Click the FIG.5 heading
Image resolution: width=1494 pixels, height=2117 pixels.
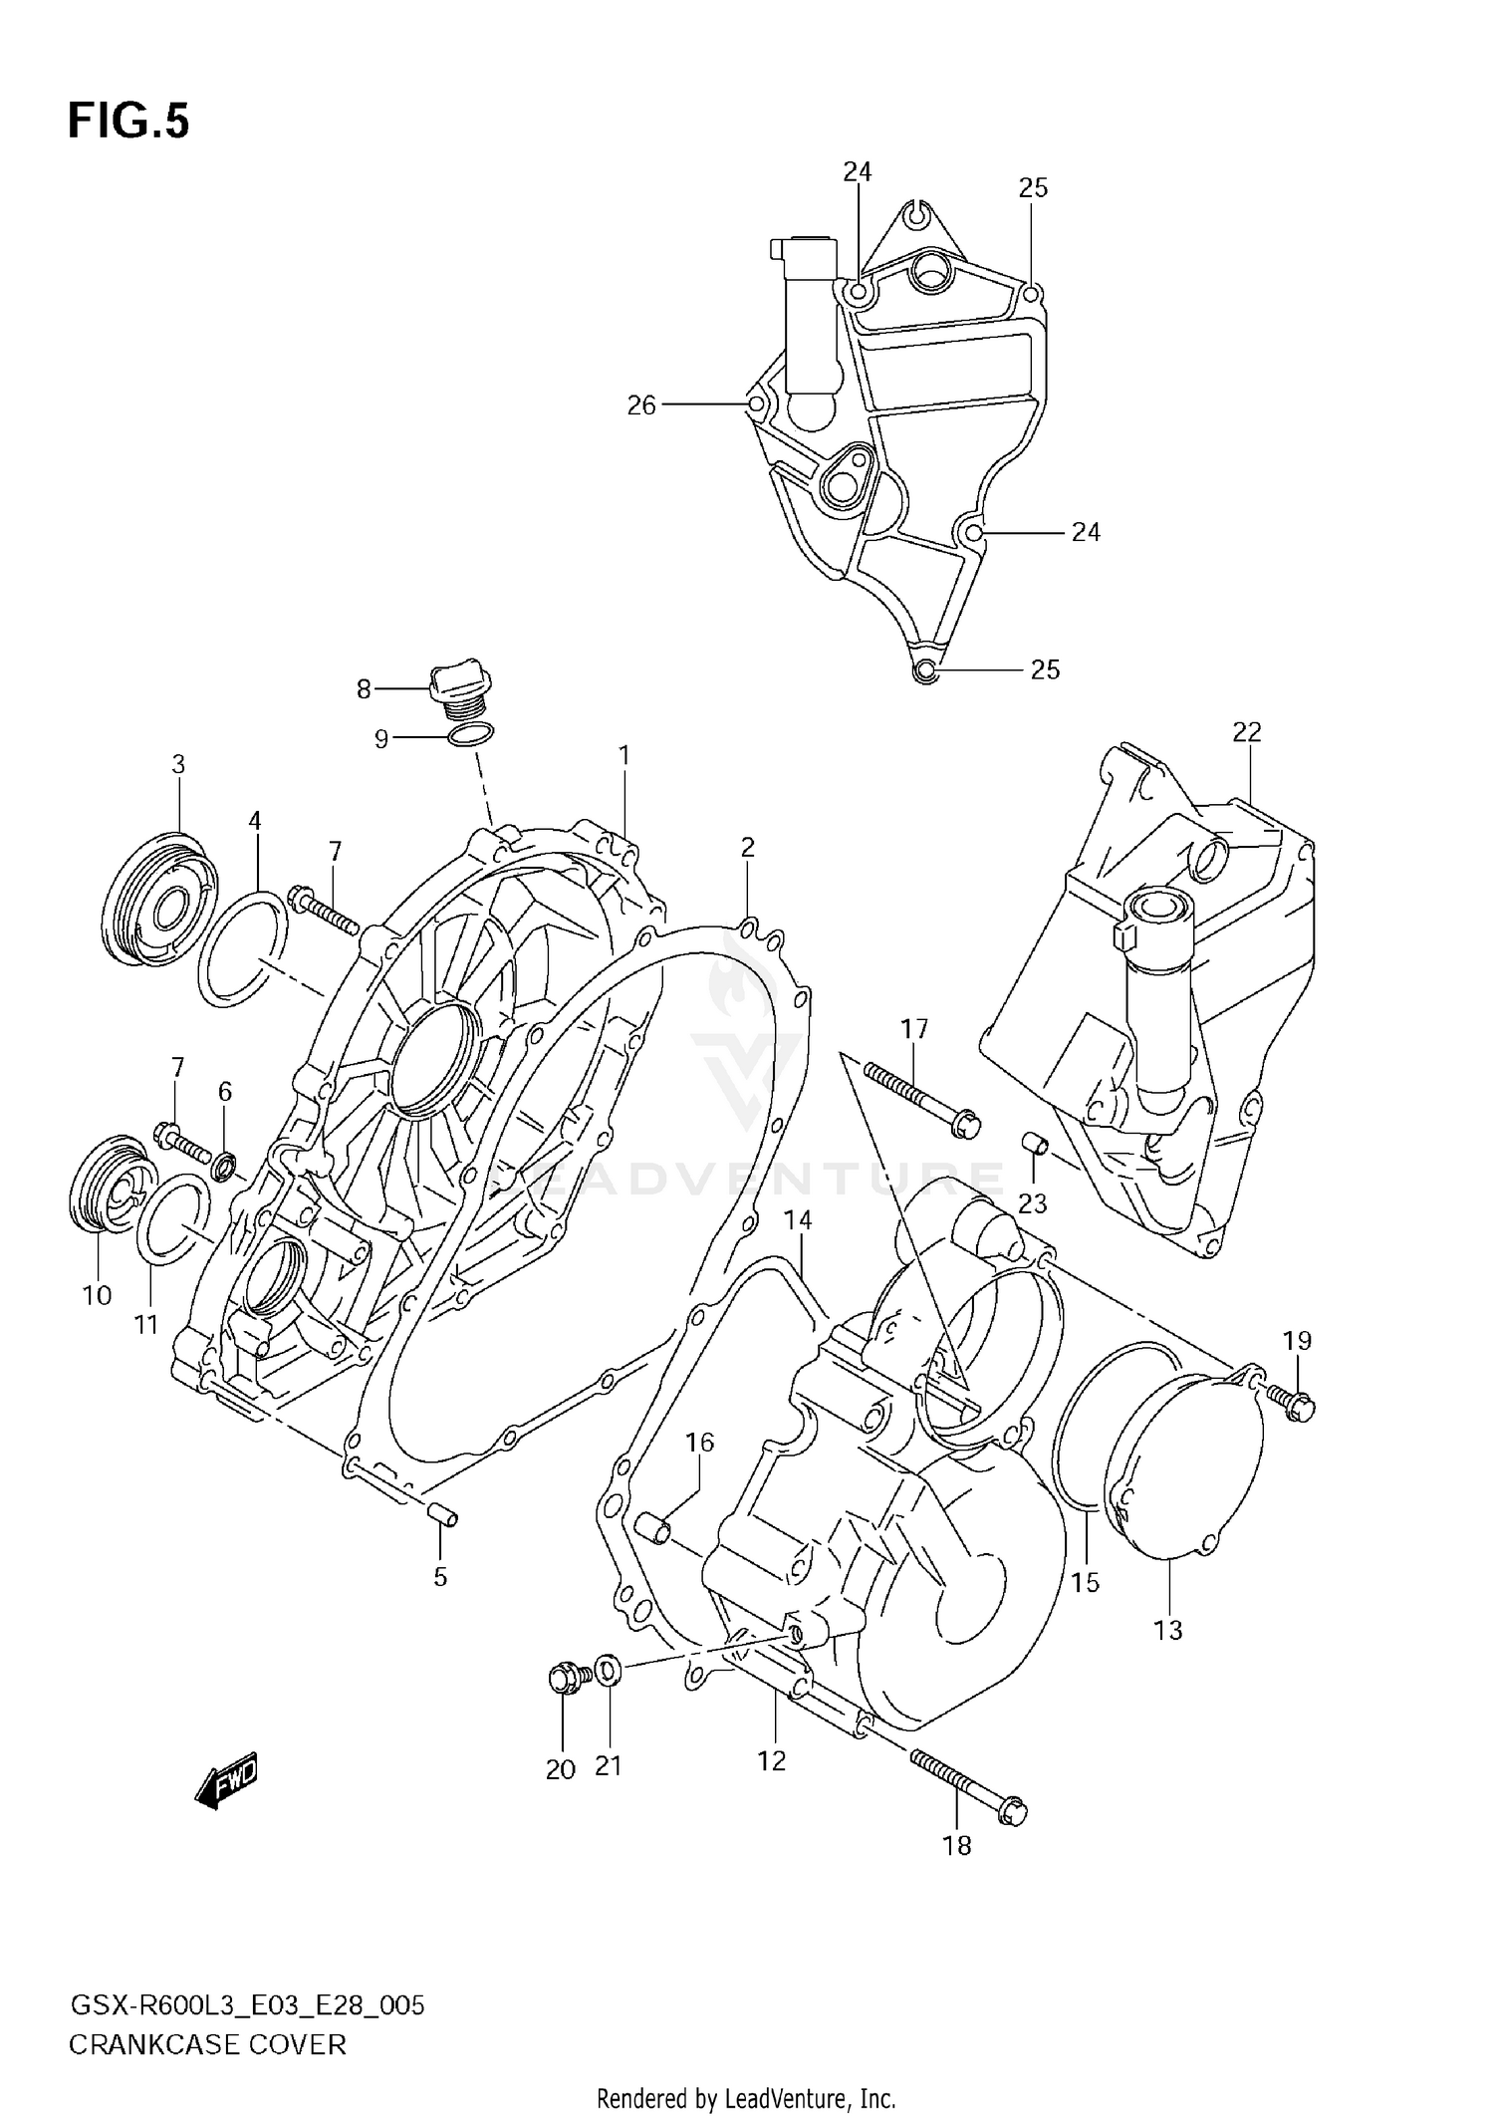pos(128,122)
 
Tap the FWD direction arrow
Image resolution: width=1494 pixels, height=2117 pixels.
pos(227,1778)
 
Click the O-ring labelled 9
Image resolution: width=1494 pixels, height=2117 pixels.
pos(470,736)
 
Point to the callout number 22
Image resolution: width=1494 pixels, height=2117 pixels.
pos(1246,732)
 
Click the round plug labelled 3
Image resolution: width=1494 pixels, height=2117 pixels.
pos(161,900)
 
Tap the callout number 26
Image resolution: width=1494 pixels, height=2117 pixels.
pos(641,404)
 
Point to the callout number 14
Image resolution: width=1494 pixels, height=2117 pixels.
pos(798,1220)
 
